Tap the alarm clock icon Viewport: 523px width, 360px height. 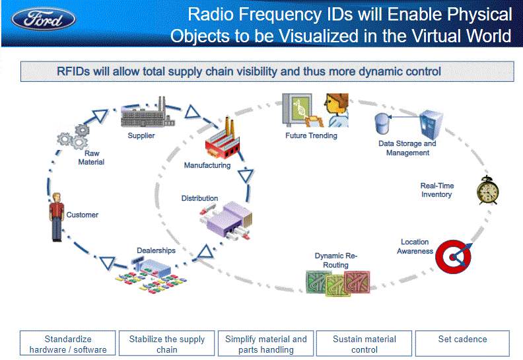coord(487,191)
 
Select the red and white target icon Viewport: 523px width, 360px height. coord(454,257)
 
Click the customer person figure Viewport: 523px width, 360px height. coord(56,217)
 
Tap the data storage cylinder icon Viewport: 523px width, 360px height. coord(382,123)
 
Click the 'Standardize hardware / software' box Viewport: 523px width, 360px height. coord(68,344)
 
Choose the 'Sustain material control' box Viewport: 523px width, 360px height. coord(365,344)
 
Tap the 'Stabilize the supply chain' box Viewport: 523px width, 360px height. coord(167,344)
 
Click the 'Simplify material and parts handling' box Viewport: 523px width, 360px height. coord(265,344)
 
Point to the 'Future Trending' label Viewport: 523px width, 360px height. coord(311,135)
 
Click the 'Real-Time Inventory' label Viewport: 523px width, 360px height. coord(437,190)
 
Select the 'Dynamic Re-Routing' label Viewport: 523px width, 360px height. coord(335,260)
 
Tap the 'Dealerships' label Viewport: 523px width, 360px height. coord(156,250)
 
